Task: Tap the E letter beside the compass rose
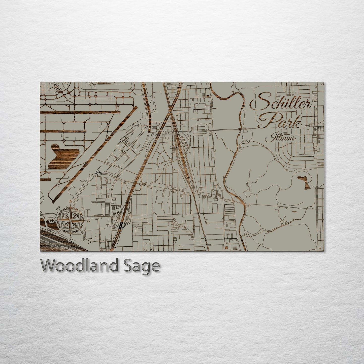pos(88,220)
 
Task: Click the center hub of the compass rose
pos(71,220)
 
